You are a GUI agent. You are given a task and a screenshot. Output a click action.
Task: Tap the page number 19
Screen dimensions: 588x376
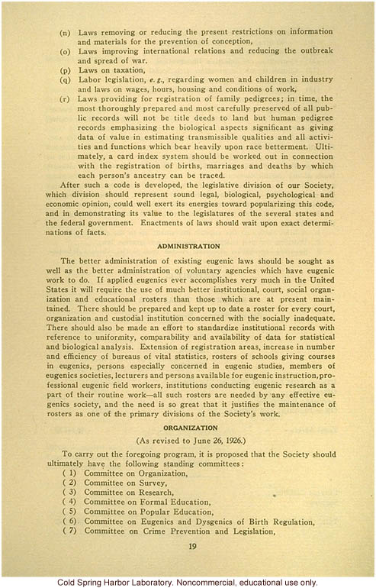[x=191, y=547]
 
